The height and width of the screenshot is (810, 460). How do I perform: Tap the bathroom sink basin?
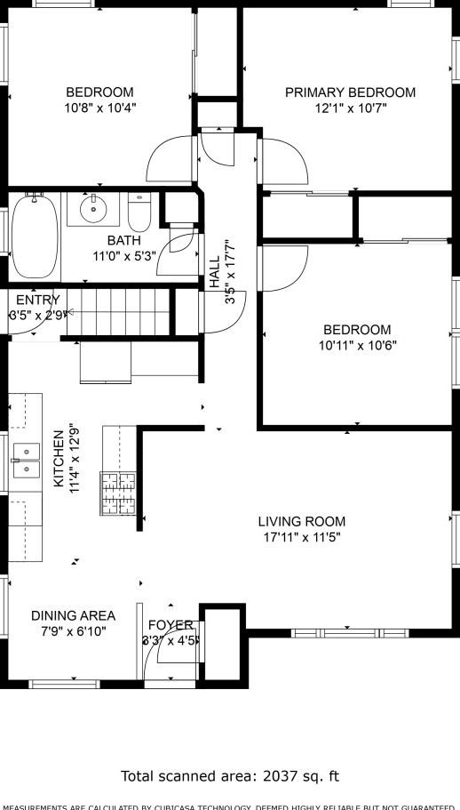tap(93, 210)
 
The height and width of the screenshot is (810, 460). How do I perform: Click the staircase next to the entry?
tap(115, 311)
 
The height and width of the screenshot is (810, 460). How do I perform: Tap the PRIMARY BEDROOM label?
tap(350, 92)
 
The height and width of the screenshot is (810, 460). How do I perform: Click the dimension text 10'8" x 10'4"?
tap(99, 108)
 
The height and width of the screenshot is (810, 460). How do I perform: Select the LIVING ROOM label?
tap(302, 522)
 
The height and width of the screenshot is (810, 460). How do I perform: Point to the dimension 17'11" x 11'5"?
tap(302, 537)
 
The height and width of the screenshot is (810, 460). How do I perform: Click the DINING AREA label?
tap(73, 615)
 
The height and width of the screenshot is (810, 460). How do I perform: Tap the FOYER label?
tap(171, 625)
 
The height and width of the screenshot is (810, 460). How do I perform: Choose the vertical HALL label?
tap(215, 277)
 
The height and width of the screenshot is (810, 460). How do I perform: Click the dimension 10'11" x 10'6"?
tap(357, 345)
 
